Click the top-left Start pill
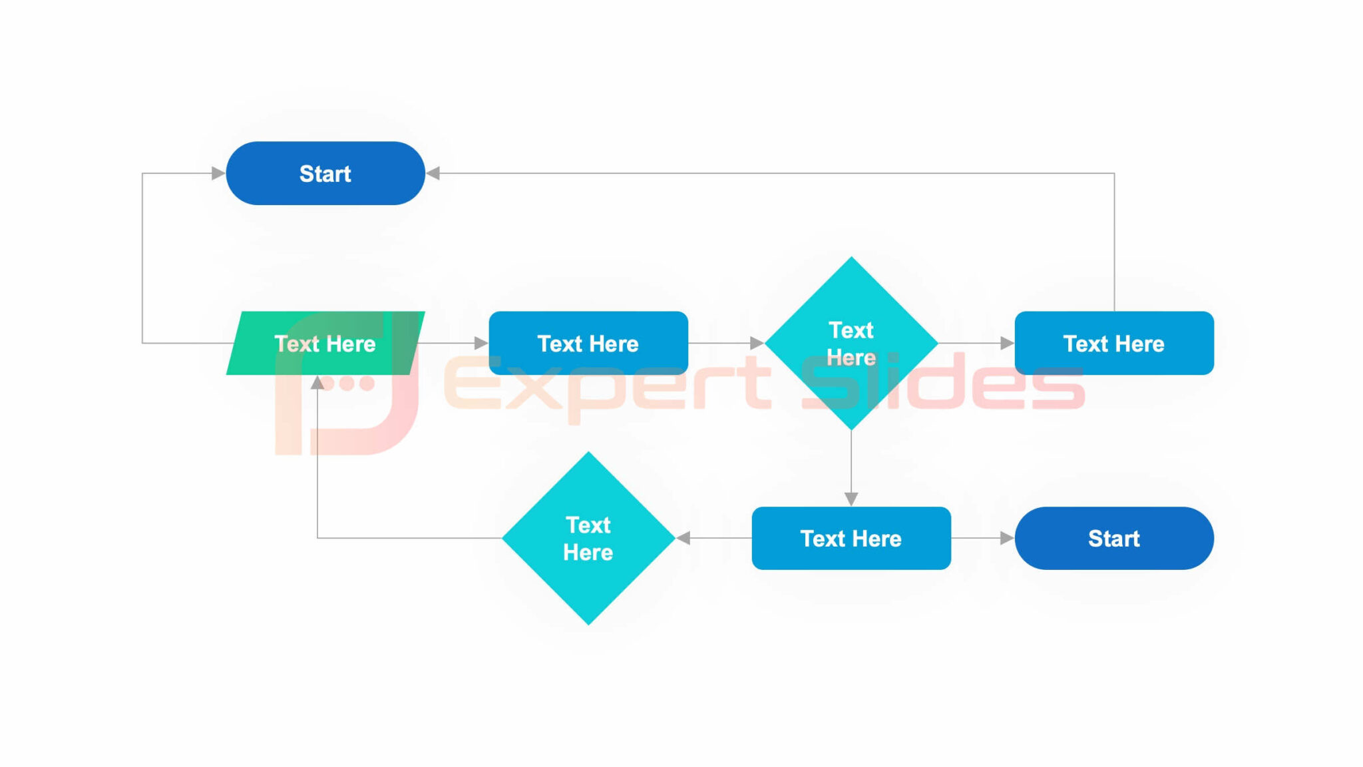(325, 173)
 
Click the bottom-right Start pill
(1113, 538)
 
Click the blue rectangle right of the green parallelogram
(588, 344)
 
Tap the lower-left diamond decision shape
(588, 538)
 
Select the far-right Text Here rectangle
(1113, 344)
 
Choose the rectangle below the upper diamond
(851, 538)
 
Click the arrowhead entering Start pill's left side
(218, 174)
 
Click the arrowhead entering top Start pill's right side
(433, 174)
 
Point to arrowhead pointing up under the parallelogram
(317, 383)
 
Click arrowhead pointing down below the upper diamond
(851, 499)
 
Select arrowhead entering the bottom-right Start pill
(1007, 538)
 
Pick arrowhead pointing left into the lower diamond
(683, 538)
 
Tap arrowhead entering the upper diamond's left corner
(757, 344)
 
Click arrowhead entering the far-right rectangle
(1007, 344)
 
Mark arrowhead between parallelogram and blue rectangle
(481, 344)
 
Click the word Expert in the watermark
(606, 386)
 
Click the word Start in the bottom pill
(1113, 538)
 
